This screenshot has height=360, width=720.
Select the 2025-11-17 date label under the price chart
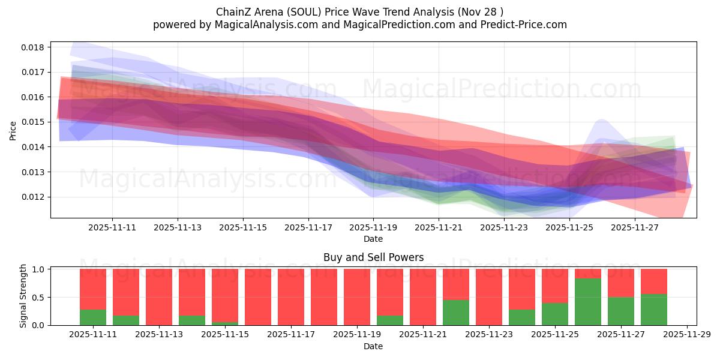[x=308, y=228]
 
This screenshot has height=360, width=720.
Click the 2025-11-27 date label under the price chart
[x=635, y=228]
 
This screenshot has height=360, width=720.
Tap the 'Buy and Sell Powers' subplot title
[x=373, y=257]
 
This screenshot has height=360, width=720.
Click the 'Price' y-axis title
[x=13, y=130]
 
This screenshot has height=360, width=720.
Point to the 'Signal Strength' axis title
[x=24, y=296]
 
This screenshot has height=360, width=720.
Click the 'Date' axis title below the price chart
[x=373, y=239]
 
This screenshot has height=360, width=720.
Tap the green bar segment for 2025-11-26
[x=588, y=302]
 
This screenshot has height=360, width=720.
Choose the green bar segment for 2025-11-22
[x=456, y=313]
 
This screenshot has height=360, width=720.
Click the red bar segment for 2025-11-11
[x=93, y=289]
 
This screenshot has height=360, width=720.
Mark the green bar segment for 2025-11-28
[x=654, y=310]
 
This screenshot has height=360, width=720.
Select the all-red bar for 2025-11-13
[x=159, y=297]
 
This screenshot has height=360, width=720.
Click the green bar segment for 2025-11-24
[x=522, y=317]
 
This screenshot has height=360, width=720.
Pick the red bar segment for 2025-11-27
[x=621, y=283]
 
